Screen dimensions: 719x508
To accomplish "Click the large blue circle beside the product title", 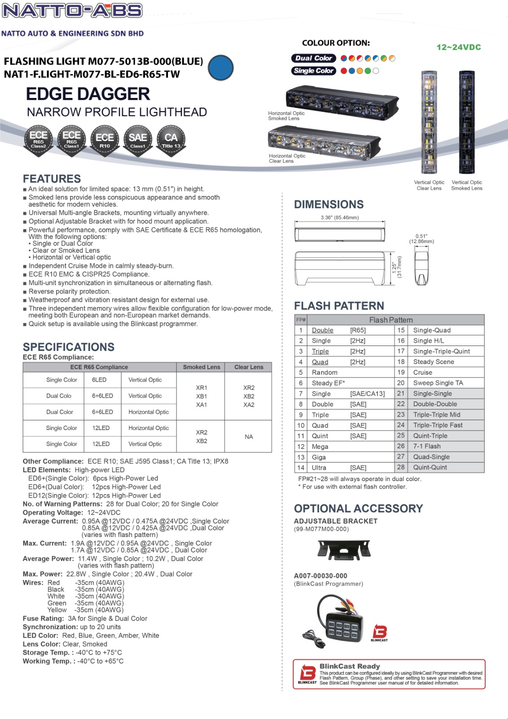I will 221,68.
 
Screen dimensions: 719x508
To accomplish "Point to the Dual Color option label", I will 314,58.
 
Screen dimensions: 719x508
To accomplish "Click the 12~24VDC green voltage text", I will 459,47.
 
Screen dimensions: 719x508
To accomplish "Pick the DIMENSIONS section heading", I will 329,204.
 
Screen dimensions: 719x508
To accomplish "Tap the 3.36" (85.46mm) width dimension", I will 340,217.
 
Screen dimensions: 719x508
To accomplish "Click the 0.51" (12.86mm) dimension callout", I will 421,239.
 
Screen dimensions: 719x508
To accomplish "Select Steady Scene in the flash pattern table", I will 433,362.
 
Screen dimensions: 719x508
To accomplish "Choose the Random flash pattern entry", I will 324,373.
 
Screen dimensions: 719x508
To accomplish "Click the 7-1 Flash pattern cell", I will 427,446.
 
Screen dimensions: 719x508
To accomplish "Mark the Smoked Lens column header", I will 201,367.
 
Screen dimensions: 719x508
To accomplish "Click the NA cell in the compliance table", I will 249,437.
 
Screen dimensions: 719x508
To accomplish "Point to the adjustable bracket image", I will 344,550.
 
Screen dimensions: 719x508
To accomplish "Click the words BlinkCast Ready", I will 349,666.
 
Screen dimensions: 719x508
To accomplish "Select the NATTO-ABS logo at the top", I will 72,10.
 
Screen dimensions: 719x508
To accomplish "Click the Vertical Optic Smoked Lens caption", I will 467,185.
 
